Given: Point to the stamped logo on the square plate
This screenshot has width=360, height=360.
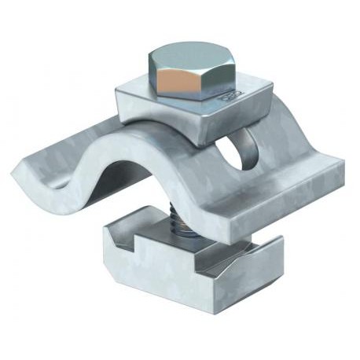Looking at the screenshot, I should pyautogui.click(x=234, y=96).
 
